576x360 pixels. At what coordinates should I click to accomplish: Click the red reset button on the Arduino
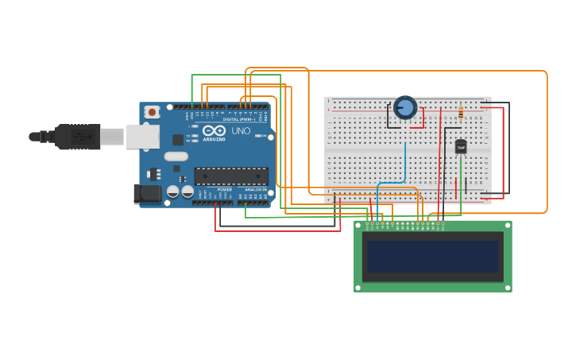pyautogui.click(x=152, y=112)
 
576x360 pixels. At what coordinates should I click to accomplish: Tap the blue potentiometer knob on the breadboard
pyautogui.click(x=405, y=107)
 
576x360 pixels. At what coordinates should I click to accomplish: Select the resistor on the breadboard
pyautogui.click(x=461, y=111)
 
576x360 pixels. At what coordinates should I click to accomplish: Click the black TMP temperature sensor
pyautogui.click(x=461, y=146)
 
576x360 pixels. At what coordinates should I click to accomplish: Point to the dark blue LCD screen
pyautogui.click(x=433, y=257)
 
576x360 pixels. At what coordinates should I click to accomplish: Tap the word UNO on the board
pyautogui.click(x=240, y=130)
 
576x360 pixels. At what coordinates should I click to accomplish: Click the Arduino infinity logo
pyautogui.click(x=214, y=130)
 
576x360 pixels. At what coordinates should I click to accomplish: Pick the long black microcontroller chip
pyautogui.click(x=231, y=176)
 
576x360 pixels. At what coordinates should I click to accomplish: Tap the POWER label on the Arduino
pyautogui.click(x=225, y=190)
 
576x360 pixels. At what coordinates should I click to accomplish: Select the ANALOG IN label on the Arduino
pyautogui.click(x=255, y=190)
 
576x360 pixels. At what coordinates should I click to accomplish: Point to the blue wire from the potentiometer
pyautogui.click(x=404, y=163)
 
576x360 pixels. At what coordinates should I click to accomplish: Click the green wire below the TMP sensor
pyautogui.click(x=461, y=179)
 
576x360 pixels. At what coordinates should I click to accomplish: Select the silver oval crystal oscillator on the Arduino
pyautogui.click(x=176, y=157)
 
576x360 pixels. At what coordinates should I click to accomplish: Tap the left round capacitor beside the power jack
pyautogui.click(x=172, y=192)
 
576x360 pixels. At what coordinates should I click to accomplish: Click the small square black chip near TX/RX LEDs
pyautogui.click(x=178, y=139)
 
